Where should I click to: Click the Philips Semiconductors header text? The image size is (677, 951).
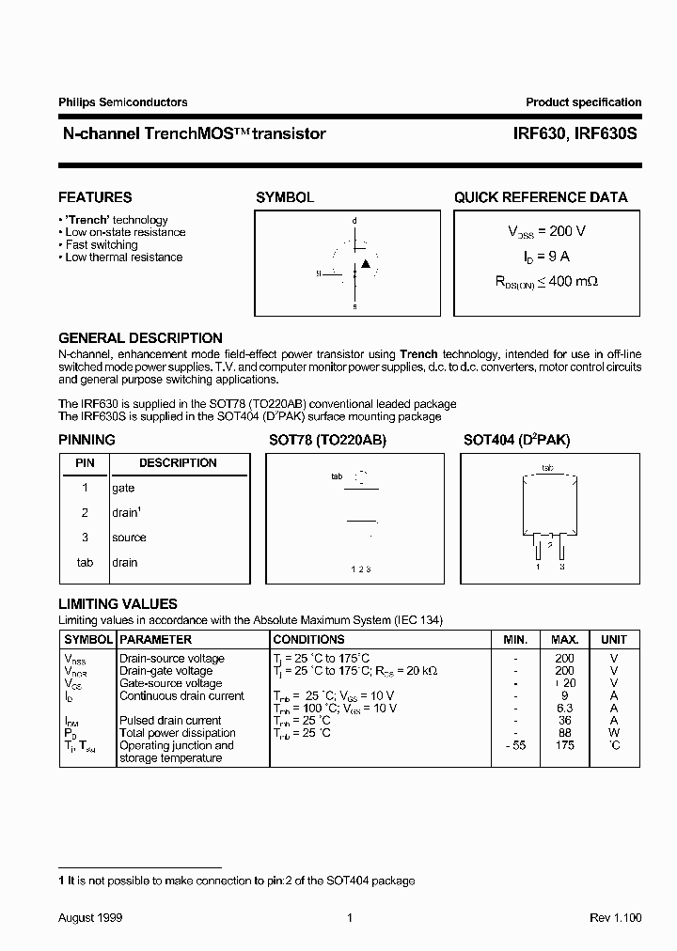[123, 102]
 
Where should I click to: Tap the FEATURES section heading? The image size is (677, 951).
[95, 197]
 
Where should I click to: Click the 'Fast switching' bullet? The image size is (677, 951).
[101, 244]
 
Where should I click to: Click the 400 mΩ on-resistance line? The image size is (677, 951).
[547, 280]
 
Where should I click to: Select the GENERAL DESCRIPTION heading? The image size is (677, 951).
[140, 337]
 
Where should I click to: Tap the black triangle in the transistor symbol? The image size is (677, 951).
[366, 263]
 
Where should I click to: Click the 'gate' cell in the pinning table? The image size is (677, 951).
[123, 488]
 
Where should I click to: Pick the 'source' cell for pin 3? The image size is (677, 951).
[129, 538]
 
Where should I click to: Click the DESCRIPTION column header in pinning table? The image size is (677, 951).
[178, 463]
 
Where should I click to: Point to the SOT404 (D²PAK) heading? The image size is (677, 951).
[516, 440]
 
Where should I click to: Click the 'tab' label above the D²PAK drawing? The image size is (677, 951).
[547, 467]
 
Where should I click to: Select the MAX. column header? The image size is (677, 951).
[564, 639]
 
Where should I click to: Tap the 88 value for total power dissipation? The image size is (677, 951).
[564, 733]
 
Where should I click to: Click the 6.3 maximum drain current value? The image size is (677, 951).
[564, 709]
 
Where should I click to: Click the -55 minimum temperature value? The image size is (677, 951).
[514, 745]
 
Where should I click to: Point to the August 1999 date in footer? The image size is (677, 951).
[90, 917]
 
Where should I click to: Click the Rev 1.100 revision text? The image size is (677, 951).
[615, 917]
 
